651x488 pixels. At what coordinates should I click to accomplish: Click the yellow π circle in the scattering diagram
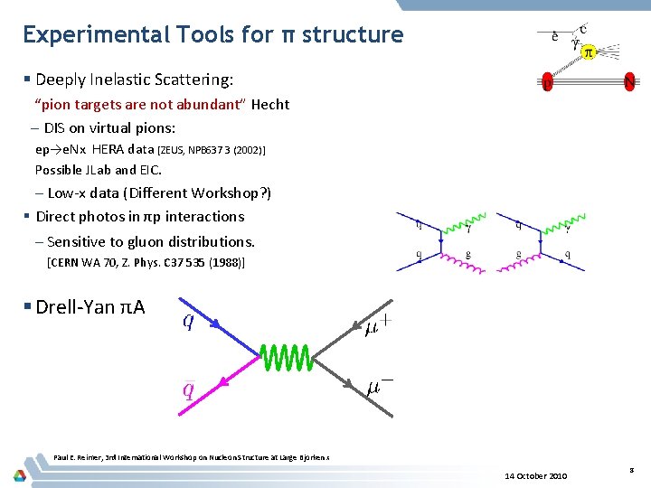587,52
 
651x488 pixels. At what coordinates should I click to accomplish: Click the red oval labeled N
629,83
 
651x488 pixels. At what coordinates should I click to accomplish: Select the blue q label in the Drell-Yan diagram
188,321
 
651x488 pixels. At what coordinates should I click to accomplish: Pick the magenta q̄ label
188,389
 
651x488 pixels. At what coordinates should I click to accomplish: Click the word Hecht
270,104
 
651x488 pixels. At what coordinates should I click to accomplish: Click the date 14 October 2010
537,475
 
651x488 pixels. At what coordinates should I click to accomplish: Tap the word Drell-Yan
76,307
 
